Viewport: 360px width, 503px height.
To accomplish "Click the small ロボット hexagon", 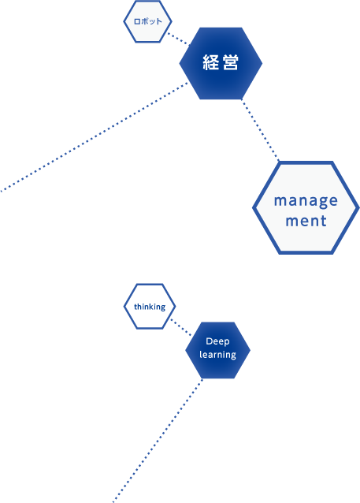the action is point(148,21).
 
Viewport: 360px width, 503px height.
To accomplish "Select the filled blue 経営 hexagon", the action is point(221,63).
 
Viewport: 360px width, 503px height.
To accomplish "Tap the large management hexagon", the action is point(306,208).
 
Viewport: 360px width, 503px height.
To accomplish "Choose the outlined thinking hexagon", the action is point(150,307).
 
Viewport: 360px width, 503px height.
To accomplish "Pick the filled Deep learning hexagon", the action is point(217,350).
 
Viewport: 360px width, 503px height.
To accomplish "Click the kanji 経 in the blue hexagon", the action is point(211,62).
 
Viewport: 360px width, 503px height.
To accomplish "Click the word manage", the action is point(306,202).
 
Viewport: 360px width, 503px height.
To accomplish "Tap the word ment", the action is point(306,221).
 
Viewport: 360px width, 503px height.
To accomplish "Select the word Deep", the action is point(217,341).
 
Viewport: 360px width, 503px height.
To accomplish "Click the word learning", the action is point(217,355).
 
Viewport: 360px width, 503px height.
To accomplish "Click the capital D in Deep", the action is point(209,341).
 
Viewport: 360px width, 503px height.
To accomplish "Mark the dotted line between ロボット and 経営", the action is point(178,39).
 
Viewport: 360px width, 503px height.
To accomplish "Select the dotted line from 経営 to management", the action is point(260,130).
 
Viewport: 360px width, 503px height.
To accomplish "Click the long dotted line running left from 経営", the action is point(94,137).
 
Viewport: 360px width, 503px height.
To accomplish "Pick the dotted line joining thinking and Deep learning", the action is point(181,327).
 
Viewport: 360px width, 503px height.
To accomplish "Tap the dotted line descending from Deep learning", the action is point(158,441).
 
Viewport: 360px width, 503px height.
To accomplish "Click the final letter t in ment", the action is point(324,221).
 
